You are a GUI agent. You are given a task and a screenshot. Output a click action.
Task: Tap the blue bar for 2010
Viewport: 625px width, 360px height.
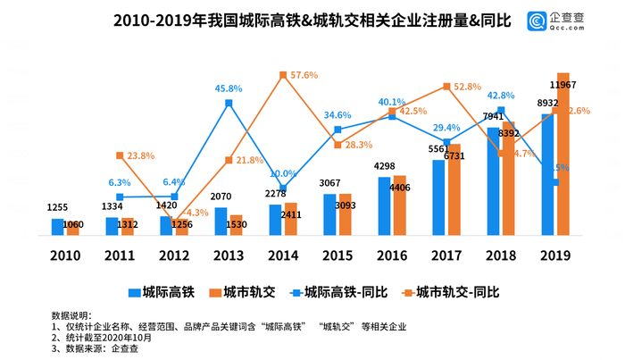click(58, 227)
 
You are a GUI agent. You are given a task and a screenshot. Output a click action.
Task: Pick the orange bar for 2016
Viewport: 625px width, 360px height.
click(400, 205)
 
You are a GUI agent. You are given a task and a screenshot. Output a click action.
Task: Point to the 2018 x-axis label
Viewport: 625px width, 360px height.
click(501, 255)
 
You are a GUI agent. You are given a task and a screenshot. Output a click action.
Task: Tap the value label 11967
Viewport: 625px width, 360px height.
click(562, 84)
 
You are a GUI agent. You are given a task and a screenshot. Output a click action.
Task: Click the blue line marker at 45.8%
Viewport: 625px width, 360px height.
click(229, 104)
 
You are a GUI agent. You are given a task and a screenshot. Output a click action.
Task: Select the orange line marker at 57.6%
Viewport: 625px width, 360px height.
click(283, 75)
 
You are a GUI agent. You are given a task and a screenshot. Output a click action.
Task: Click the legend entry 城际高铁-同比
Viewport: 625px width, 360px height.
click(333, 291)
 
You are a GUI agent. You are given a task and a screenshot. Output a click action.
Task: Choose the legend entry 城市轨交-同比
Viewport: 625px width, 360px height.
click(454, 291)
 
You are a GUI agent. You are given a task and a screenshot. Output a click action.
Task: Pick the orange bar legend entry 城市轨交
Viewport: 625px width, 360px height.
click(236, 291)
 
